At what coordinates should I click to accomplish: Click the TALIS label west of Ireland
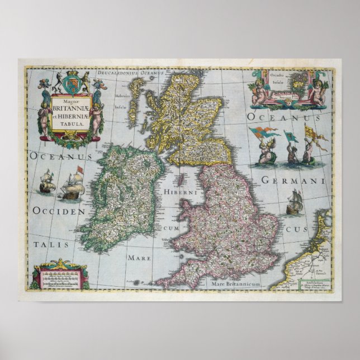pos(51,245)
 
